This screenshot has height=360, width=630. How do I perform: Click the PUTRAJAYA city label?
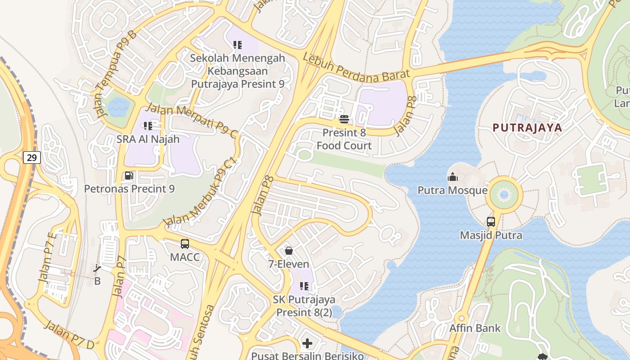point(527,127)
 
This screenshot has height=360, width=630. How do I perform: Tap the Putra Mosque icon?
point(452,177)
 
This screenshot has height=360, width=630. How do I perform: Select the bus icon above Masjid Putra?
point(491,221)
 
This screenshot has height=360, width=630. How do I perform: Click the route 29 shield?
point(32,157)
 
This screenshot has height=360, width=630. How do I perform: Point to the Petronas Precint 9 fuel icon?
point(129,175)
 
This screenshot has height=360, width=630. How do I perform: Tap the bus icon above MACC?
point(185,244)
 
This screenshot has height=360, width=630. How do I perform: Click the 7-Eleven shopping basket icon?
point(289,251)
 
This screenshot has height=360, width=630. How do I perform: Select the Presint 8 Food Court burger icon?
point(344,119)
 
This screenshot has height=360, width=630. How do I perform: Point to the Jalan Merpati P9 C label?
point(192,120)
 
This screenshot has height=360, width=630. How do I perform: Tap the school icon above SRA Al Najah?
point(148,126)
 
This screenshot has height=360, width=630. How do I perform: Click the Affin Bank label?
point(475,328)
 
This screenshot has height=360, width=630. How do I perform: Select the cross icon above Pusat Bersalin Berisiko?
point(307,343)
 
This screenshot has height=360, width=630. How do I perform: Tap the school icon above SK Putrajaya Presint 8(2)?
point(304,286)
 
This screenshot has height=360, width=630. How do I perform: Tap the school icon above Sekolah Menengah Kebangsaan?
point(238,45)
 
